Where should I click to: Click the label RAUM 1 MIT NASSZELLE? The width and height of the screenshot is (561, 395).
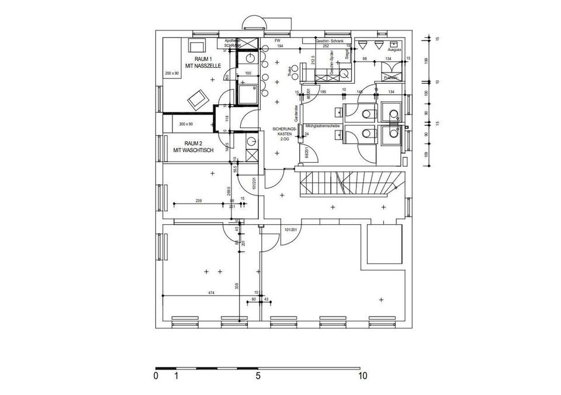click(x=200, y=64)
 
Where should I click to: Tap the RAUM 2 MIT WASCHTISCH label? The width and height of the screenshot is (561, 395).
click(x=193, y=147)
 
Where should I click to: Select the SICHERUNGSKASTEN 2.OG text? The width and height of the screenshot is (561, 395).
click(x=285, y=135)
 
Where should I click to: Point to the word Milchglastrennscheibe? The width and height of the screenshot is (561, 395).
click(x=322, y=126)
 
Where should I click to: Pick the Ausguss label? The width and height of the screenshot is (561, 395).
click(x=394, y=50)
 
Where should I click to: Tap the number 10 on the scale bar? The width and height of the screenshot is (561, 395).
click(x=363, y=376)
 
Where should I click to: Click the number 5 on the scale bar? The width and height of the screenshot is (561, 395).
click(x=258, y=376)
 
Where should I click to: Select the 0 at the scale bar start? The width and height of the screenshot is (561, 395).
click(x=155, y=376)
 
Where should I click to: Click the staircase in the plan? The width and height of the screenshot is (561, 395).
click(x=351, y=184)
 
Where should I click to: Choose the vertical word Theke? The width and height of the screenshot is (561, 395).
click(x=289, y=71)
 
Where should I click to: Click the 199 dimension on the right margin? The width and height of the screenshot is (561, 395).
click(x=427, y=60)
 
